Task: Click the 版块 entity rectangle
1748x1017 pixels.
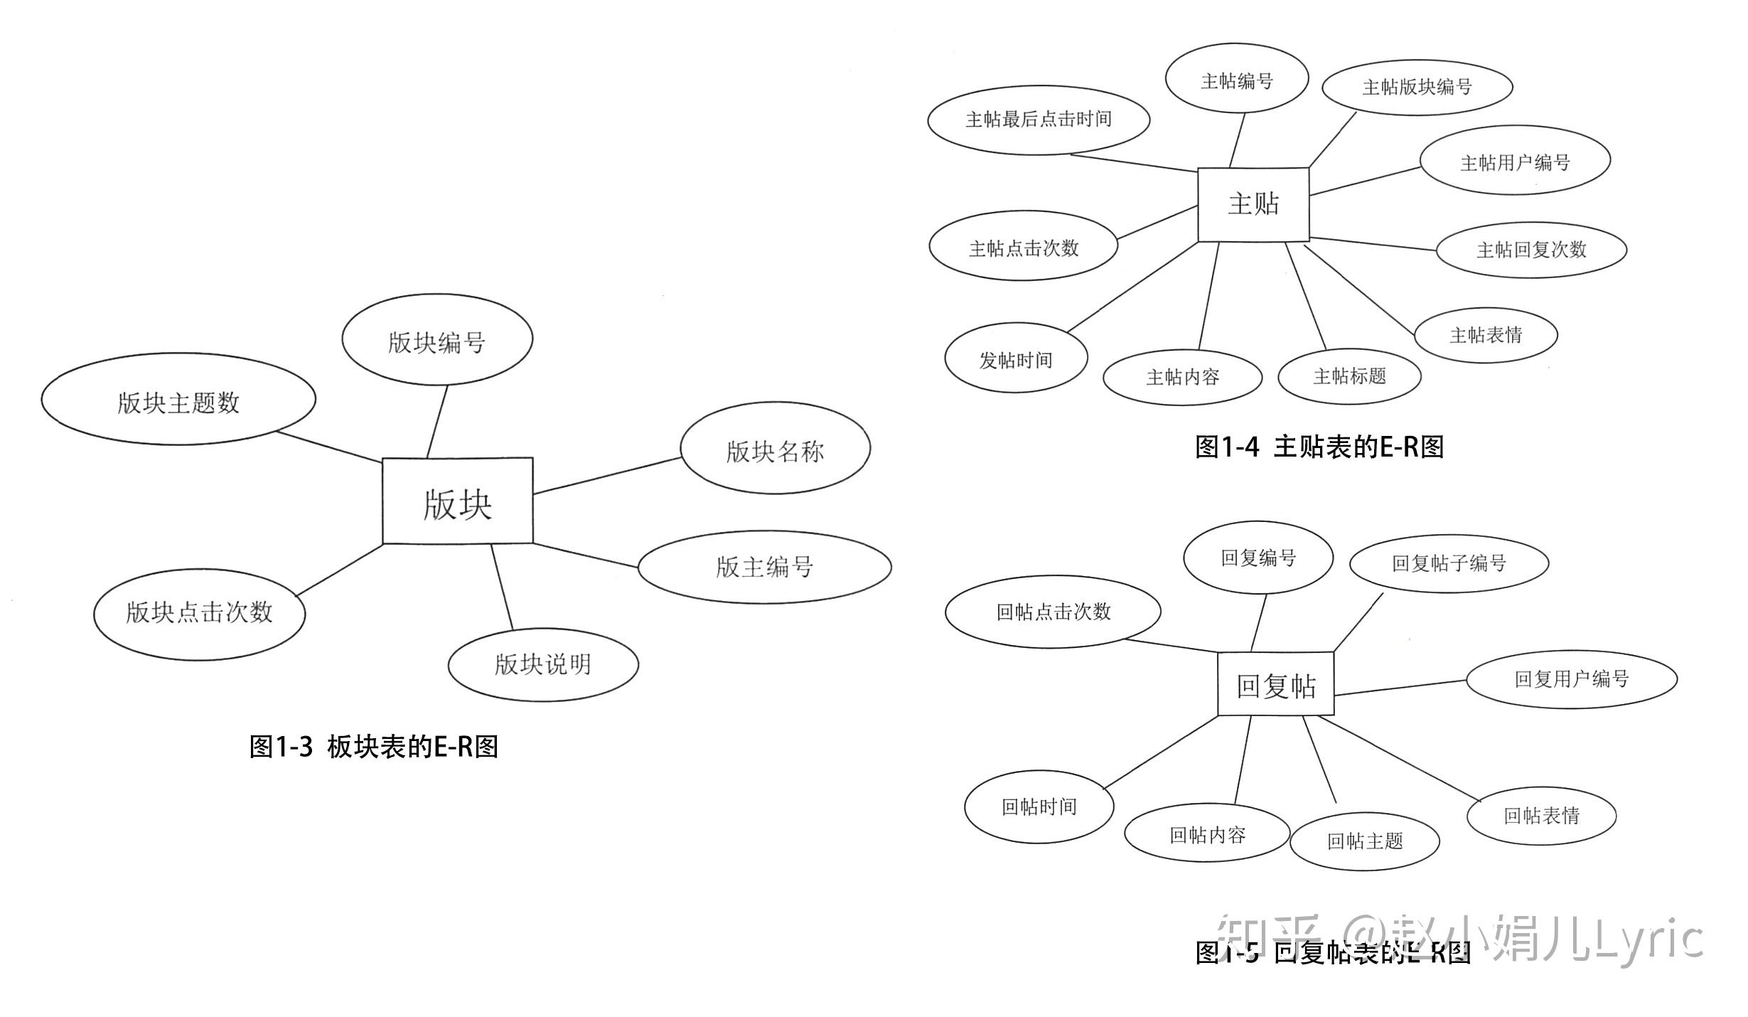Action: pos(457,501)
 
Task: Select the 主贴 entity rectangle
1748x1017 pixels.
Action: pos(1253,204)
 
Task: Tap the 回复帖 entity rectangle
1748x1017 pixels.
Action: pos(1275,684)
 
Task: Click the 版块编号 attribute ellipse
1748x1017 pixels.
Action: pos(436,340)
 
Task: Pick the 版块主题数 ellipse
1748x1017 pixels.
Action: pos(178,400)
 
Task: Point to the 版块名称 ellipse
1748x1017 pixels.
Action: pos(775,449)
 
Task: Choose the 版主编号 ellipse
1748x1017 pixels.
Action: pos(764,567)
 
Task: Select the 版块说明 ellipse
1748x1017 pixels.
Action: pos(543,664)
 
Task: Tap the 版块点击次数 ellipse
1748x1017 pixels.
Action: pos(199,614)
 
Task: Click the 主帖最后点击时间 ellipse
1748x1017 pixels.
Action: pos(1038,119)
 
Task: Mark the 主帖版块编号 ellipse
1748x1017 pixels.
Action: pos(1417,87)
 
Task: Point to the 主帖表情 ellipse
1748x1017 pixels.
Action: pos(1486,335)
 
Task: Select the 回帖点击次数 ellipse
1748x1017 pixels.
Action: pos(1053,612)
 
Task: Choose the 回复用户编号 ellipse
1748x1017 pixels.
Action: pos(1571,678)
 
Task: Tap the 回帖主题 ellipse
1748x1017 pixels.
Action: pos(1364,841)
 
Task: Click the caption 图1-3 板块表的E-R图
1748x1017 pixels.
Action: pos(374,747)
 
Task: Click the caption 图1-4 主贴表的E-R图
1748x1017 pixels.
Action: pos(1319,447)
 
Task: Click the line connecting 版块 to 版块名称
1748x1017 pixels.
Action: pos(606,476)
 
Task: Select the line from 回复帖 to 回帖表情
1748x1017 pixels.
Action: pos(1399,758)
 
